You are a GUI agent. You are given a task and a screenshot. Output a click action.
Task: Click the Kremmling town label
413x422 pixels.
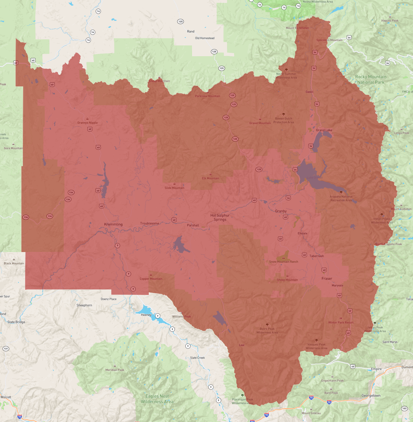click(x=113, y=224)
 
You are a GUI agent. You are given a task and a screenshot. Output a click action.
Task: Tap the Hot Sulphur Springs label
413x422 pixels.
click(x=220, y=218)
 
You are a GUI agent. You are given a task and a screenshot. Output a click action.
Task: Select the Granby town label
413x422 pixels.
click(x=281, y=211)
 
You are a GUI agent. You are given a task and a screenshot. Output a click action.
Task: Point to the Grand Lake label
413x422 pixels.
click(x=324, y=130)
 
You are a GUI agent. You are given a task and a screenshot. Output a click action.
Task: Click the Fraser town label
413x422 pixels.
click(x=327, y=279)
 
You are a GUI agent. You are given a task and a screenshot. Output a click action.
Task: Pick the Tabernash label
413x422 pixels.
click(x=316, y=256)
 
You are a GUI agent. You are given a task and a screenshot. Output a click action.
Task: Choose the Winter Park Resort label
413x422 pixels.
click(x=341, y=323)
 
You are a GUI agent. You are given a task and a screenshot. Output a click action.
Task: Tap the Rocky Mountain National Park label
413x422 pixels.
click(x=371, y=79)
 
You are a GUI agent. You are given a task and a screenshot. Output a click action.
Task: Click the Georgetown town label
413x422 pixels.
click(x=371, y=396)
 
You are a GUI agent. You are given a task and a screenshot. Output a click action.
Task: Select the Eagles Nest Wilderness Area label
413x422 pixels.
click(x=157, y=399)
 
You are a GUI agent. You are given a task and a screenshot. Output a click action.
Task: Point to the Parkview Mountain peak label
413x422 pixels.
click(x=207, y=96)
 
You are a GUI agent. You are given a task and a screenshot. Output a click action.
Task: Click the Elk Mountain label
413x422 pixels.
click(x=211, y=178)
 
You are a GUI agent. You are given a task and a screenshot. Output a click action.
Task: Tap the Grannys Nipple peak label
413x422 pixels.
click(x=87, y=123)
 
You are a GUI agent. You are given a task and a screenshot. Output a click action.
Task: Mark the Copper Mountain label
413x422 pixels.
click(x=151, y=279)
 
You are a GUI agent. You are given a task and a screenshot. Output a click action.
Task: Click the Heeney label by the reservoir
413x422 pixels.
click(x=146, y=315)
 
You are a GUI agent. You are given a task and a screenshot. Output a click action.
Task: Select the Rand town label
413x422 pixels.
click(x=191, y=31)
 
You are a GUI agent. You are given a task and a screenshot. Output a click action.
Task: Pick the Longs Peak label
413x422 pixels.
click(x=401, y=133)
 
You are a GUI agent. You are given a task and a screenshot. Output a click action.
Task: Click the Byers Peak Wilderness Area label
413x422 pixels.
click(x=267, y=331)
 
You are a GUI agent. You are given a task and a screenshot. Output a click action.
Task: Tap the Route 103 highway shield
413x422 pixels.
click(x=404, y=409)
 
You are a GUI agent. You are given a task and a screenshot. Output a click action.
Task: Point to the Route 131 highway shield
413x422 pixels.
click(x=6, y=349)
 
